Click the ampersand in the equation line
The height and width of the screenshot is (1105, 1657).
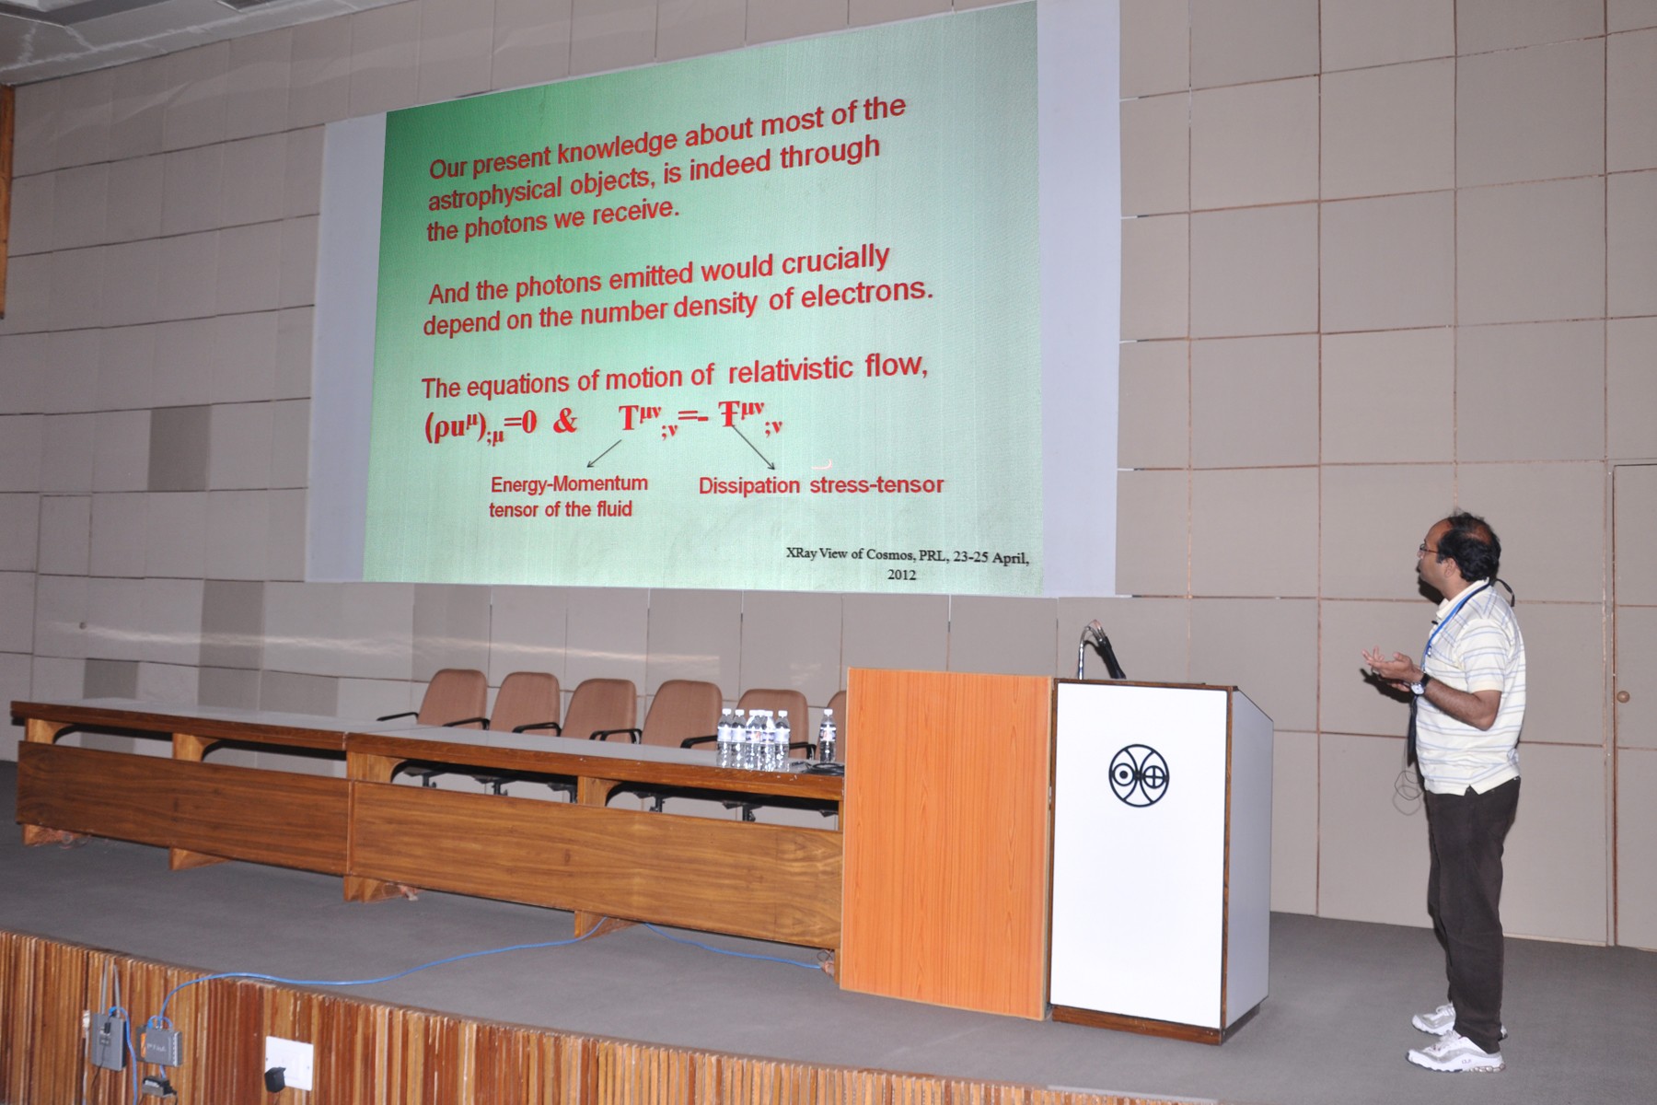pos(565,422)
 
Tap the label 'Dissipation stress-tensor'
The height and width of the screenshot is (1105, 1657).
pos(821,485)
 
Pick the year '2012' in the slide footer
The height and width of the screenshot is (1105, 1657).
pos(901,574)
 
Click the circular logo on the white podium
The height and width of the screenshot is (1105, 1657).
pos(1138,772)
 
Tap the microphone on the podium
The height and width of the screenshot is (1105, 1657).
pos(1102,647)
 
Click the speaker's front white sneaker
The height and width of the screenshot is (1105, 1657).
pos(1454,1051)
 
